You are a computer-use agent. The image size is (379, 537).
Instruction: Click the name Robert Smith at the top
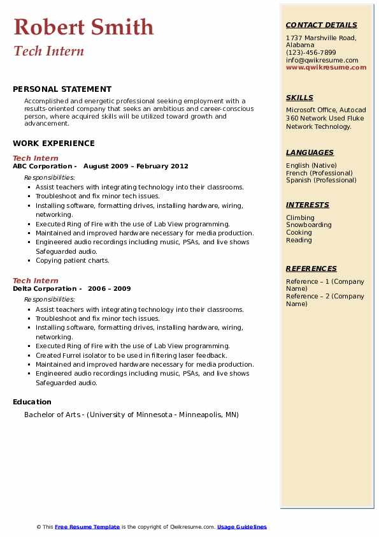coord(83,27)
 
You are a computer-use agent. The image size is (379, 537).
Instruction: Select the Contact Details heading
coord(321,26)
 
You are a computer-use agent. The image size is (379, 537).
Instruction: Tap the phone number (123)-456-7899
coord(311,53)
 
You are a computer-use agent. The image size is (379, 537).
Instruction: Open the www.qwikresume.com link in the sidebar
coord(325,67)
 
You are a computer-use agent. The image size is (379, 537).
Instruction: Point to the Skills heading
coord(299,98)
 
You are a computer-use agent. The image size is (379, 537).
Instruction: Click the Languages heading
coord(310,153)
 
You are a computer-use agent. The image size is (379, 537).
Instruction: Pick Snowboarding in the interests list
coord(308,225)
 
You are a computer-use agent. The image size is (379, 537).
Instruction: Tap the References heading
coord(311,269)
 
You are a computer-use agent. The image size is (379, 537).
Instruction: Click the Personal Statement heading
coord(62,89)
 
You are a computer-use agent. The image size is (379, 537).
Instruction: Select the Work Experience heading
coord(54,143)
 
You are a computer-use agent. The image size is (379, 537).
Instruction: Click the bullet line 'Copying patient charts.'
coord(73,261)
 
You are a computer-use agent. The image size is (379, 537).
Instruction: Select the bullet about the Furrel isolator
coord(131,356)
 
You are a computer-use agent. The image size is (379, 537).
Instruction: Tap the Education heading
coord(32,402)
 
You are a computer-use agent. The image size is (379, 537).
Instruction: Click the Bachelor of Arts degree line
coord(131,415)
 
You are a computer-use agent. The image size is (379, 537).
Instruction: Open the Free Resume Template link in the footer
coord(87,527)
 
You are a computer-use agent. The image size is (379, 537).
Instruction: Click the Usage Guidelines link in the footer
coord(241,527)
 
